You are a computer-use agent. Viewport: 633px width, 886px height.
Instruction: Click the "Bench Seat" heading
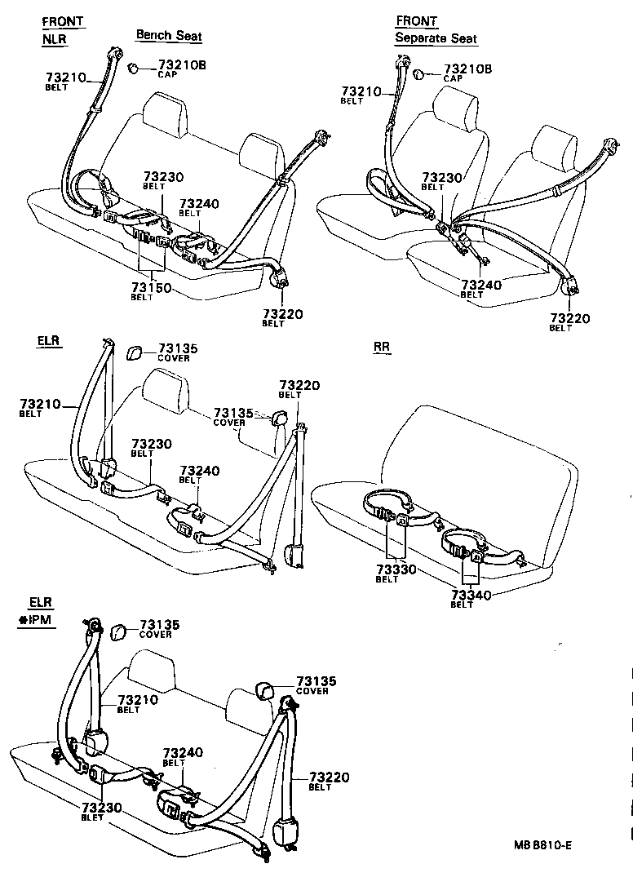point(169,35)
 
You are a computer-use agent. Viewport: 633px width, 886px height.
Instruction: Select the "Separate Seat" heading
point(436,38)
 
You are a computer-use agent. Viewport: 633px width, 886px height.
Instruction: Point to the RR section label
point(382,347)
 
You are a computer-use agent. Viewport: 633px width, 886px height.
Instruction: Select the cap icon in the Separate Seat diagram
point(418,74)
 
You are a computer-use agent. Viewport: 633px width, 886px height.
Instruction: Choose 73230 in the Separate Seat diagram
point(442,178)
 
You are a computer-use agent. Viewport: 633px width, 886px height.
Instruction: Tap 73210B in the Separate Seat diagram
point(468,69)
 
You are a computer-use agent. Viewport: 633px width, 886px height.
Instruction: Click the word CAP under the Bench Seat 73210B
point(168,74)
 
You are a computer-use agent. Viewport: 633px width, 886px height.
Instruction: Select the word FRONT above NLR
point(64,21)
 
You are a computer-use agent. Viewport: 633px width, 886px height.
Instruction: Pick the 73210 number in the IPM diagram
point(138,700)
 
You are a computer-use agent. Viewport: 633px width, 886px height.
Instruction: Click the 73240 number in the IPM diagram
point(183,752)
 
